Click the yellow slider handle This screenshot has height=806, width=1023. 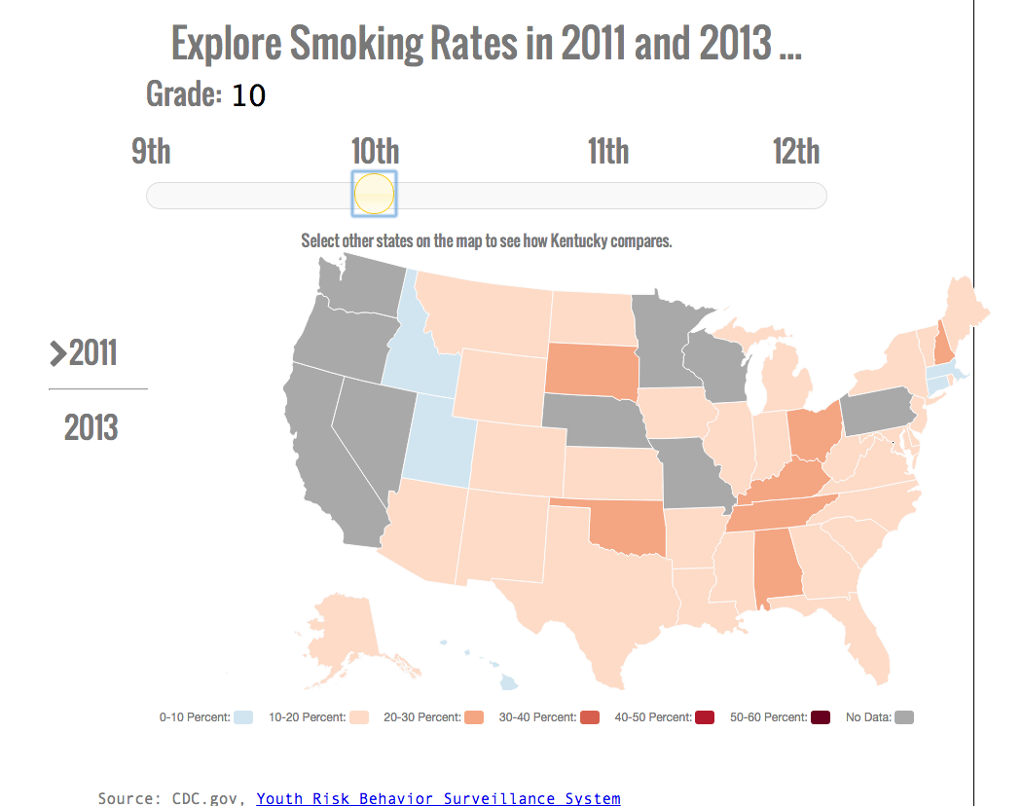click(x=374, y=194)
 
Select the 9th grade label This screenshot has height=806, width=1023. click(x=151, y=152)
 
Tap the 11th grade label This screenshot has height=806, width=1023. click(x=608, y=152)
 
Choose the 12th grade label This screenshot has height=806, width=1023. click(x=796, y=152)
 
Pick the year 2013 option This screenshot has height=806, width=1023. click(x=91, y=427)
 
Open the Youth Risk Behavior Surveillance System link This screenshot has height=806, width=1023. click(x=438, y=798)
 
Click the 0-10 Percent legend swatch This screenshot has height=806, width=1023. click(x=243, y=717)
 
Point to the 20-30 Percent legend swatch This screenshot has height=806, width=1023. click(x=474, y=717)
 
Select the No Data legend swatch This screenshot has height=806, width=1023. click(x=904, y=717)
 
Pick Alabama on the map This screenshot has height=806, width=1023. click(x=778, y=566)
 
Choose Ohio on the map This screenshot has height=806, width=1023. click(x=812, y=433)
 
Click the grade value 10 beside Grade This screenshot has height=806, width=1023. click(x=248, y=95)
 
